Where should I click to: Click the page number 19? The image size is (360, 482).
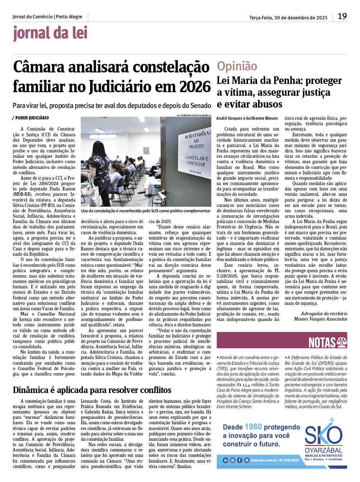(x=342, y=16)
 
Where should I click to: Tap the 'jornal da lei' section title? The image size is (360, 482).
(x=50, y=33)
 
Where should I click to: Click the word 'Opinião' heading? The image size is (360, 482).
(x=237, y=66)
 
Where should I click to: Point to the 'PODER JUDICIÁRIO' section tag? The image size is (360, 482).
(x=32, y=118)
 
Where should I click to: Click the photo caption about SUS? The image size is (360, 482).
(x=145, y=211)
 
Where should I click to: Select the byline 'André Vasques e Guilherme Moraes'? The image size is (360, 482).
(x=247, y=118)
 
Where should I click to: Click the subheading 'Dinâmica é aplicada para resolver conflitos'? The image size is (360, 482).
(x=92, y=390)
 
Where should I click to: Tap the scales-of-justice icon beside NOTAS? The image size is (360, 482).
(x=341, y=342)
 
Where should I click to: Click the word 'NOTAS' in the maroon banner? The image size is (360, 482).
(x=322, y=343)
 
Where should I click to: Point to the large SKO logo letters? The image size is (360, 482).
(x=323, y=435)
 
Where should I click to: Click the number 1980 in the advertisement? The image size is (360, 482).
(x=253, y=427)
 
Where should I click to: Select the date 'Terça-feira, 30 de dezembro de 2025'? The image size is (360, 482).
(x=288, y=18)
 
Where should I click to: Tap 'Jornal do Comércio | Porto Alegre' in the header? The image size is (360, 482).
(x=47, y=17)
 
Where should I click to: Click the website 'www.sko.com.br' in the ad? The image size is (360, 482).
(x=263, y=460)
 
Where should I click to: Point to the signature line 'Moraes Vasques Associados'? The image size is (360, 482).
(x=321, y=319)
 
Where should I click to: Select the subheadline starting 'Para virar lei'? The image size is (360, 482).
(x=112, y=105)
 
